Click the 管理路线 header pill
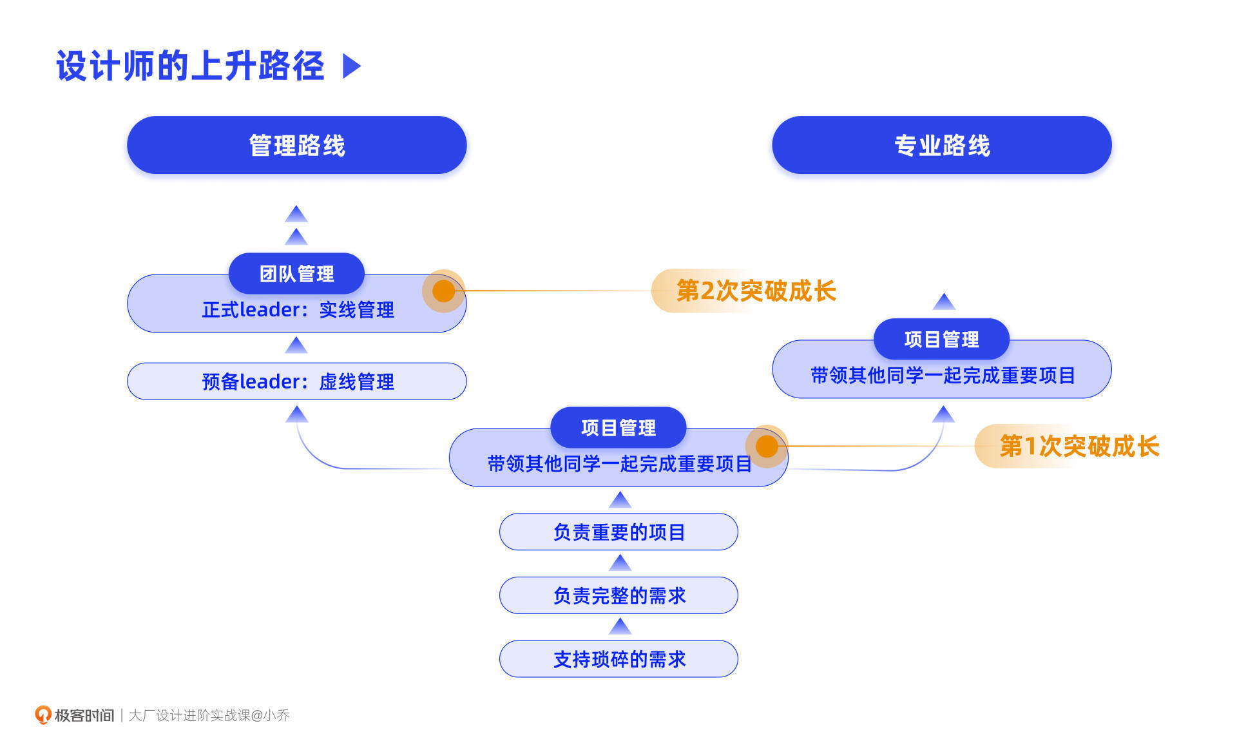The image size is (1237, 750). coord(296,145)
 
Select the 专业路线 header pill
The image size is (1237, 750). coord(941,145)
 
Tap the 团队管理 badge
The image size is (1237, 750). coord(296,273)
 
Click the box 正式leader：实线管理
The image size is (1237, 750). coord(296,311)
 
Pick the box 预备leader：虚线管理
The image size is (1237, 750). coord(296,381)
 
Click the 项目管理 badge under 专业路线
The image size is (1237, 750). coord(941,339)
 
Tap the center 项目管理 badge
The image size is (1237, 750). coord(618,427)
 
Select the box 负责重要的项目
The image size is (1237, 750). coord(618,532)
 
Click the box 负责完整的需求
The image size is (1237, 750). coord(618,595)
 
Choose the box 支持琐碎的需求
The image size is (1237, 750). coord(618,659)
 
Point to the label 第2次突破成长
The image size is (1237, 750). coord(755,291)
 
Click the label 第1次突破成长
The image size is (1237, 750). coord(1079,446)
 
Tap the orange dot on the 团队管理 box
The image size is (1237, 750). coord(443,291)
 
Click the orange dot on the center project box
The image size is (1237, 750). coord(767,446)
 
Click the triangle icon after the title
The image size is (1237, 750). coord(351,66)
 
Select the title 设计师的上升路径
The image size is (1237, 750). coord(190,66)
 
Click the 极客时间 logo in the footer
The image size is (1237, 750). coord(75,715)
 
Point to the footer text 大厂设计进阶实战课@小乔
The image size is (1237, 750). coord(209,715)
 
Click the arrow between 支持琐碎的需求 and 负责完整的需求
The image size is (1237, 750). coord(620,626)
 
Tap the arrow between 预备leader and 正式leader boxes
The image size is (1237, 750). coord(296,346)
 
